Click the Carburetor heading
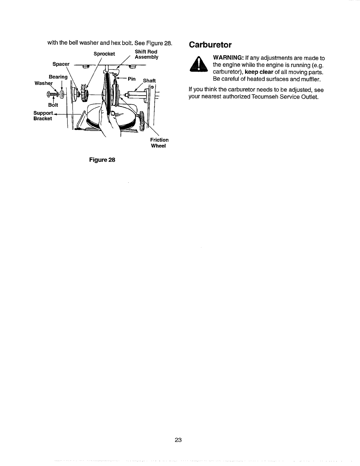(210, 45)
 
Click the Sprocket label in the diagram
(104, 54)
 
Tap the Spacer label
(61, 64)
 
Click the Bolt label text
(53, 105)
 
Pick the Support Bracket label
(43, 116)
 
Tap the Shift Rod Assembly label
(146, 54)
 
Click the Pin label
(131, 79)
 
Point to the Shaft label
(149, 81)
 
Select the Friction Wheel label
(159, 143)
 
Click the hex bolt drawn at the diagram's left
(51, 94)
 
